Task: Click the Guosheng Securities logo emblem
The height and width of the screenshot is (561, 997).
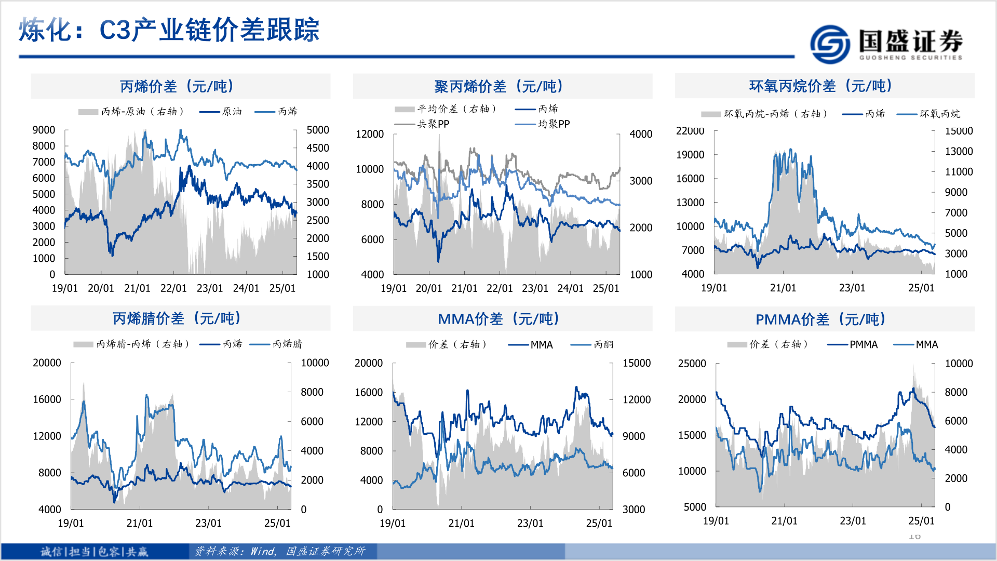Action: click(x=830, y=44)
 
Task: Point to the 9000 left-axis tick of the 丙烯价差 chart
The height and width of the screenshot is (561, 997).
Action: click(x=44, y=130)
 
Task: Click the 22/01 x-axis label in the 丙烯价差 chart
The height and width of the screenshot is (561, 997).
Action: click(x=173, y=288)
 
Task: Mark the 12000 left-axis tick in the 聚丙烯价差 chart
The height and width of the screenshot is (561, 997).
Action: click(x=369, y=134)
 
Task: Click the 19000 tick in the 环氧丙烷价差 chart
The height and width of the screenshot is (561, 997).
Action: click(x=690, y=155)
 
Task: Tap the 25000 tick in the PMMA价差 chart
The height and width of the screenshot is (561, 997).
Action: click(x=692, y=364)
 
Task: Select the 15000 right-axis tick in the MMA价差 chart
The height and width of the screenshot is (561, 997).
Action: click(x=637, y=363)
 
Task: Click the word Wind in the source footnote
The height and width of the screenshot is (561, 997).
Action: click(x=263, y=551)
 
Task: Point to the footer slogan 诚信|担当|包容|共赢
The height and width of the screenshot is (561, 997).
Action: click(x=95, y=551)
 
